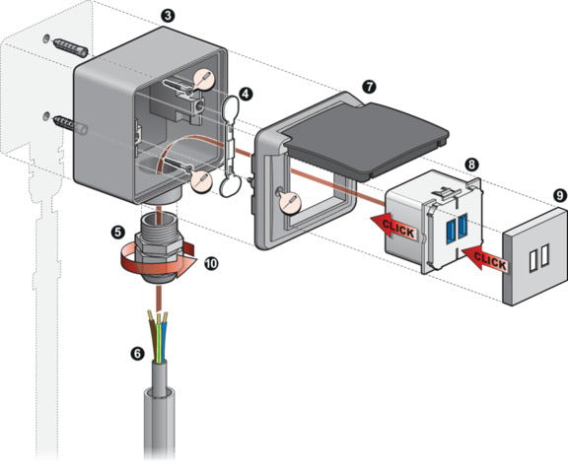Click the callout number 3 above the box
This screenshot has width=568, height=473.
(x=169, y=16)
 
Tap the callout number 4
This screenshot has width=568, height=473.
(x=246, y=94)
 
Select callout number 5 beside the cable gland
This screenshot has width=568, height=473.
(x=118, y=233)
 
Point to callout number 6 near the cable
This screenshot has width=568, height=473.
(x=138, y=352)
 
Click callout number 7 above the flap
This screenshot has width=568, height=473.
(x=368, y=87)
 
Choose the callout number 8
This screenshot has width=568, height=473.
(x=472, y=165)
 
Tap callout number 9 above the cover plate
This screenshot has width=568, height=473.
(x=558, y=196)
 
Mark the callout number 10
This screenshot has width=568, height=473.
(x=210, y=263)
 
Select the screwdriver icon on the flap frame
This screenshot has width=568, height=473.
(x=290, y=203)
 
